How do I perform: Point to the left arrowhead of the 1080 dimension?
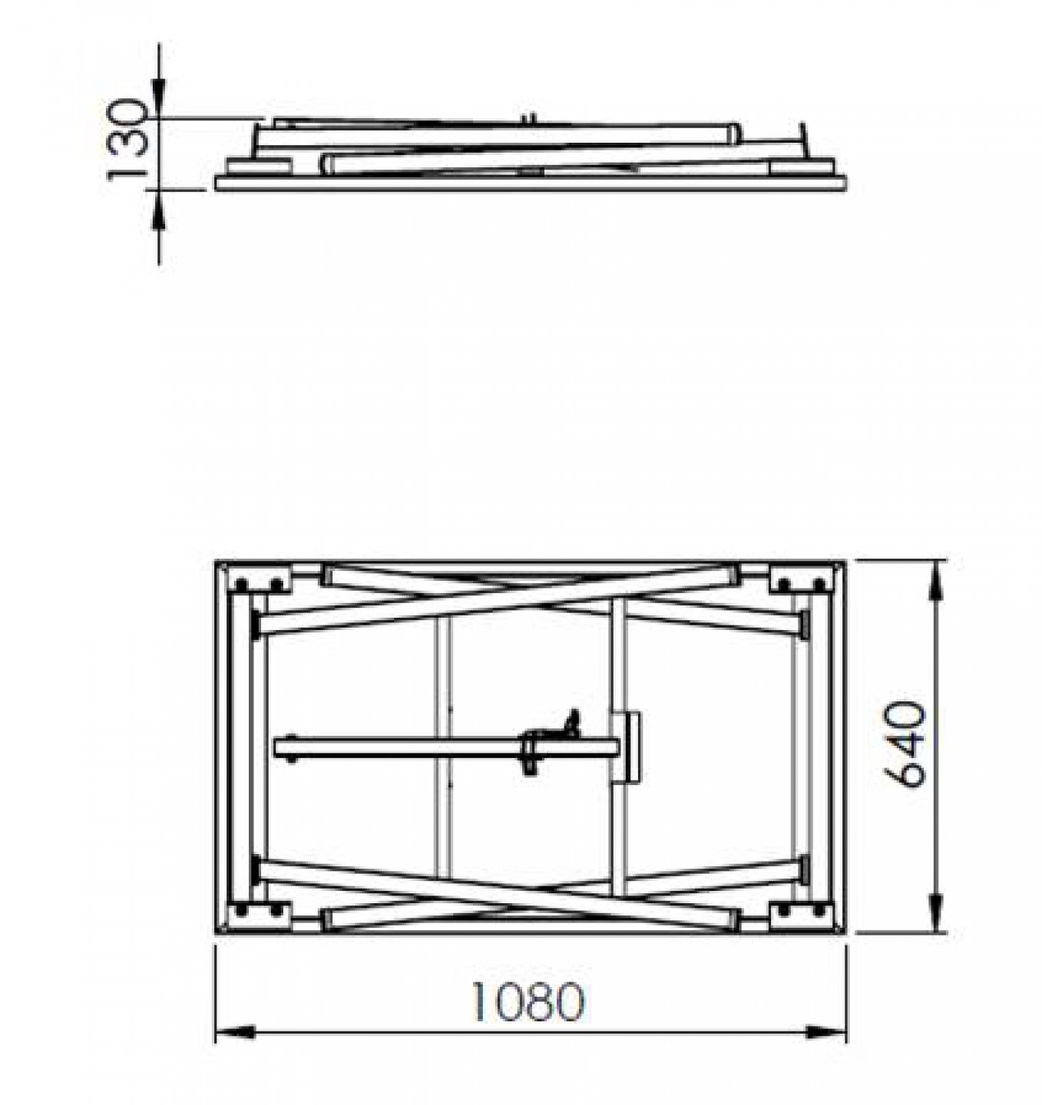tap(233, 1032)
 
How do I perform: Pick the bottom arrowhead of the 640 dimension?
tap(936, 913)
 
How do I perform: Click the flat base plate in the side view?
tap(530, 183)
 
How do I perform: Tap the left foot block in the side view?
tap(259, 166)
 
